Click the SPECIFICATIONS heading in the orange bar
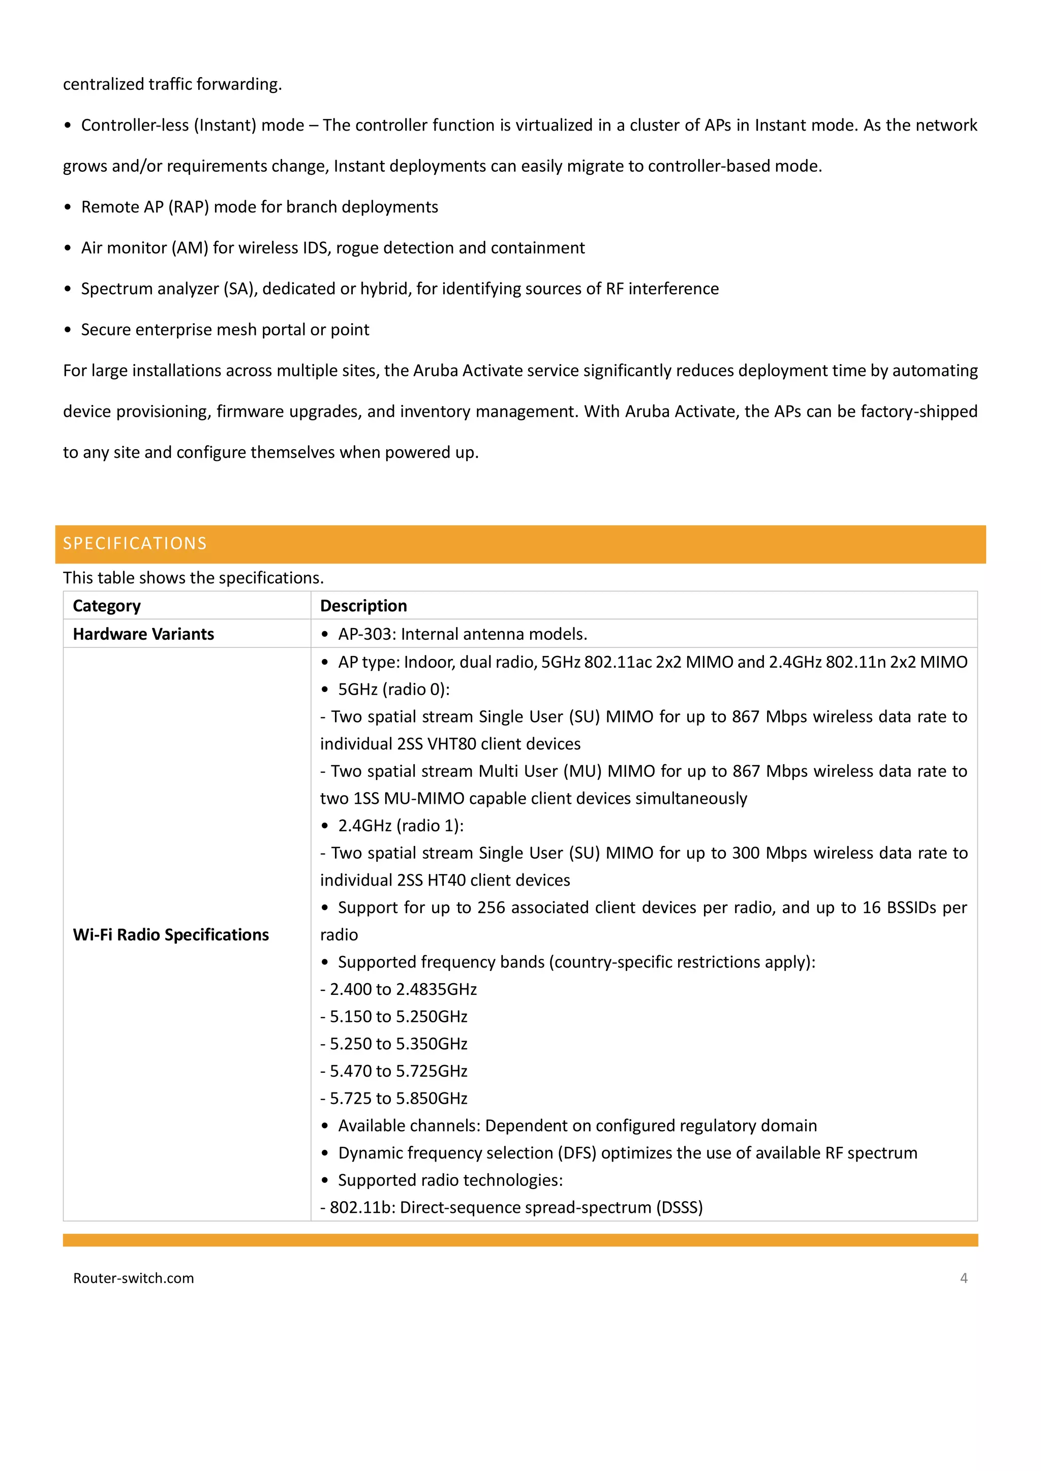click(x=135, y=543)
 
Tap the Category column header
click(x=106, y=606)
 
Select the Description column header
click(x=363, y=606)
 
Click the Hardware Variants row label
click(x=143, y=634)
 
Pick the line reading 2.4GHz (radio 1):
click(x=401, y=825)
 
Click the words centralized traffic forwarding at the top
click(x=172, y=84)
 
